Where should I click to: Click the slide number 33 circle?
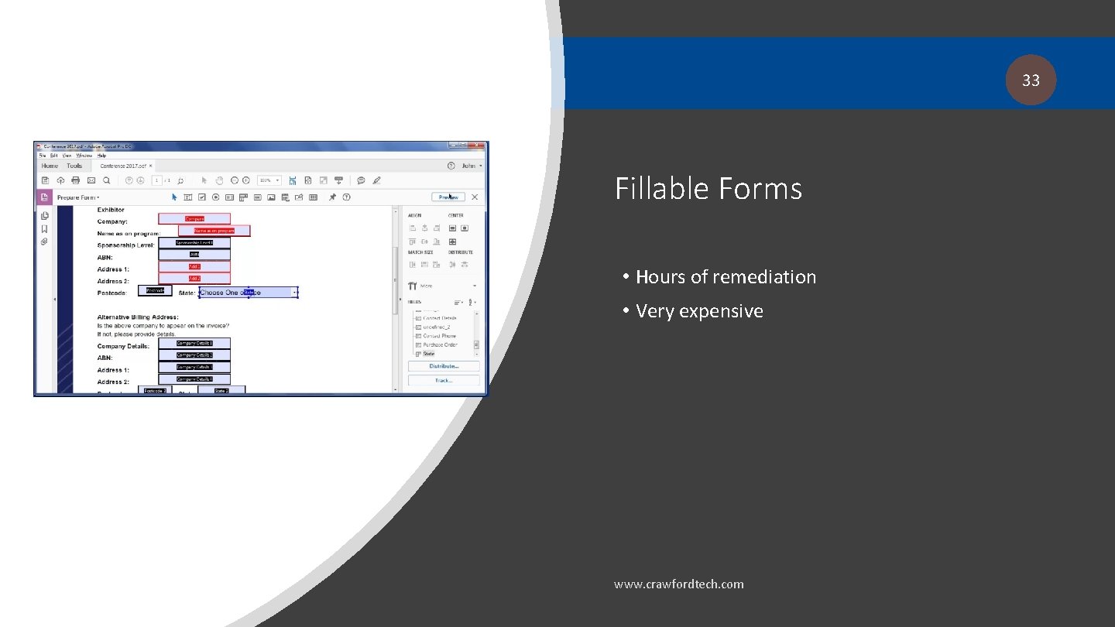[1031, 80]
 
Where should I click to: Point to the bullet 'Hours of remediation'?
[726, 277]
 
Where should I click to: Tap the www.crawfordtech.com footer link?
[678, 584]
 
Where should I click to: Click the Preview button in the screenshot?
[449, 197]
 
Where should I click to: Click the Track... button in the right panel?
[443, 380]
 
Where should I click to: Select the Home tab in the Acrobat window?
[50, 166]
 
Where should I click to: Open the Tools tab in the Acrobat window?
[74, 166]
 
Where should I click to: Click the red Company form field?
[194, 219]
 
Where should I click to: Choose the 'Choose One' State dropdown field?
[248, 293]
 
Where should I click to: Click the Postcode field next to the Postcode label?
[155, 291]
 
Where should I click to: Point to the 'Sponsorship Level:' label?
[125, 245]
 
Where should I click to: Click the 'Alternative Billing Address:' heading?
[138, 317]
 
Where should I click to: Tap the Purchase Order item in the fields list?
[440, 344]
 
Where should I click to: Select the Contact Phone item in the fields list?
[439, 336]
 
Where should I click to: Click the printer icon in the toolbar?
[75, 180]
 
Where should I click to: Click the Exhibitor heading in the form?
[111, 210]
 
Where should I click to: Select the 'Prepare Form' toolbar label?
[77, 197]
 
